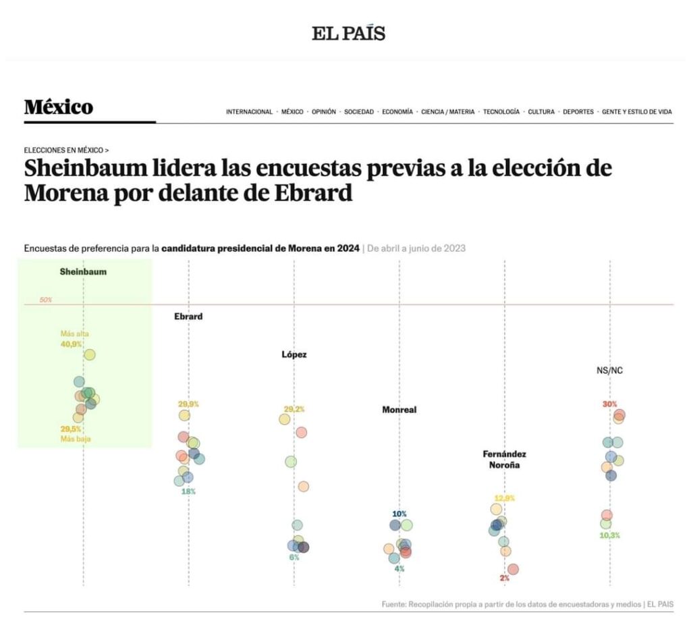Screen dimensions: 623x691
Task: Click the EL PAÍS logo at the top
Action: tap(348, 32)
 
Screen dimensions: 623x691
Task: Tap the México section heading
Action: tap(59, 107)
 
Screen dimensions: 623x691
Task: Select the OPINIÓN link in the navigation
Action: tap(324, 112)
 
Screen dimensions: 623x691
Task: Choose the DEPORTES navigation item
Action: tap(578, 112)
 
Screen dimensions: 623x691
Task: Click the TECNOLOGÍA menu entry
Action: tap(501, 112)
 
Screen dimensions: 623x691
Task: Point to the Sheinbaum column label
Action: tap(83, 271)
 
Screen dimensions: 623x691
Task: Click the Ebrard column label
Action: tap(188, 316)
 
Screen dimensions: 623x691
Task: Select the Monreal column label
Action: tap(399, 409)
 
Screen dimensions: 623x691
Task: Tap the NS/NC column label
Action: tap(609, 370)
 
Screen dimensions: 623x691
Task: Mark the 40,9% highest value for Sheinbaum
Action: tap(72, 344)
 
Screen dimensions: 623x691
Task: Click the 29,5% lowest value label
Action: tap(71, 429)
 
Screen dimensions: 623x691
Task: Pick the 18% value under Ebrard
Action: tap(188, 491)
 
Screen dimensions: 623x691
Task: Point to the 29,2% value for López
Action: tap(294, 409)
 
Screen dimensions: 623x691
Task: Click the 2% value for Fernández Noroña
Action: tap(505, 578)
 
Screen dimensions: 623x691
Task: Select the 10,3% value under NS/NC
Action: tap(609, 535)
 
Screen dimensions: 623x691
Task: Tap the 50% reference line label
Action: tap(46, 300)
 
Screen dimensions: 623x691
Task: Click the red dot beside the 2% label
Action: tap(513, 569)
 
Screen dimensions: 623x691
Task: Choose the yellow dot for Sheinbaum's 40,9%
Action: tap(90, 354)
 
